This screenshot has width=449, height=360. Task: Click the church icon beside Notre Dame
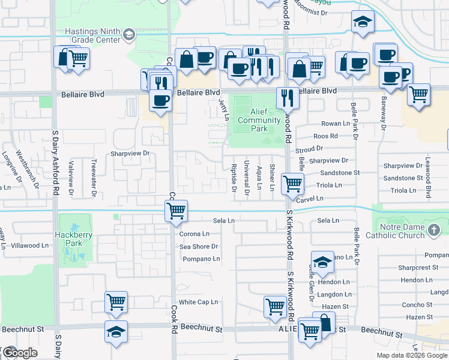(x=435, y=229)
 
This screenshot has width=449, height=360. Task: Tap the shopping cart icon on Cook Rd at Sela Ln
(x=176, y=210)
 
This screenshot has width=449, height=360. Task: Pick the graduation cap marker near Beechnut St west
(x=116, y=331)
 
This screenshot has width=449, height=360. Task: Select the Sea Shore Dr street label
(x=198, y=247)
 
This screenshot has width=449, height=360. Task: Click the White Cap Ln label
(x=198, y=302)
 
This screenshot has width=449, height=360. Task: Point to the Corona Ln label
(x=194, y=233)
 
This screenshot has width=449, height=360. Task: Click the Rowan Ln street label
(x=336, y=124)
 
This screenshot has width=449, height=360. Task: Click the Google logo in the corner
(x=20, y=353)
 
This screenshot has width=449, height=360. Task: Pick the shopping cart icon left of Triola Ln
(x=292, y=184)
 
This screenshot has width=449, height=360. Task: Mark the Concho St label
(x=419, y=304)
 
